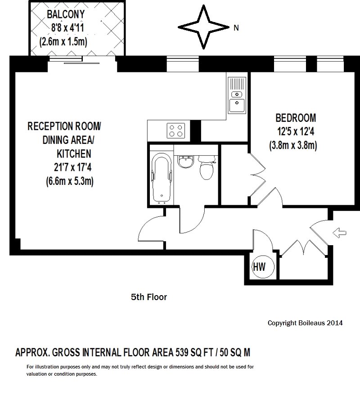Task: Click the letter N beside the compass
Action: [236, 28]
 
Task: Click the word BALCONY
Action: [66, 13]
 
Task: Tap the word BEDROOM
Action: [296, 118]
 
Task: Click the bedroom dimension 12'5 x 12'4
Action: [296, 132]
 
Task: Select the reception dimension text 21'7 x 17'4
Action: [72, 168]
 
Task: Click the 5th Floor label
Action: [149, 297]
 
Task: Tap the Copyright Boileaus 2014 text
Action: [305, 323]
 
